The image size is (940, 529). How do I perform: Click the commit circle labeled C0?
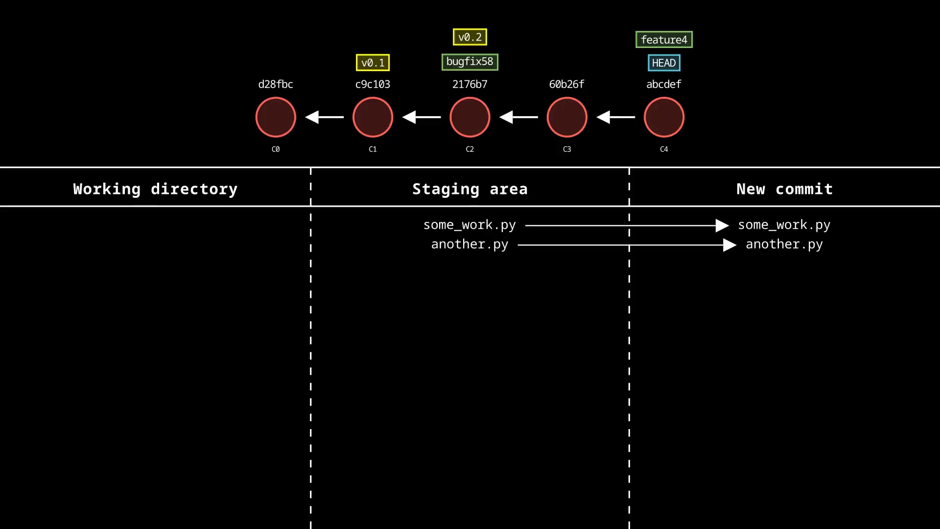click(276, 117)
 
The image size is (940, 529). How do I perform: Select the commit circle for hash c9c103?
click(373, 117)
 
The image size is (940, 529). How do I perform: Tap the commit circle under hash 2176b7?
click(470, 117)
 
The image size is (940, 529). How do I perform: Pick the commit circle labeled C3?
click(566, 117)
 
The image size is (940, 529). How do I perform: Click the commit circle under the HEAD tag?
click(663, 117)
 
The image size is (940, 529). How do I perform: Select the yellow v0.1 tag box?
click(373, 63)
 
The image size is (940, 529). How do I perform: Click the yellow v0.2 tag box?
click(470, 37)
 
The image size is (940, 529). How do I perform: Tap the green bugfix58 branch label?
click(470, 62)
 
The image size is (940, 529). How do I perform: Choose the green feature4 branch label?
click(664, 39)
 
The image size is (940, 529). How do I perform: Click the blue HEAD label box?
click(664, 63)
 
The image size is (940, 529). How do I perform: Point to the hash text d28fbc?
click(276, 84)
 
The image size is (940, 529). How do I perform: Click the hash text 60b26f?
click(566, 84)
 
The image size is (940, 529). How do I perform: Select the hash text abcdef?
click(663, 84)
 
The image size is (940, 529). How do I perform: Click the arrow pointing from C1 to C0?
click(324, 117)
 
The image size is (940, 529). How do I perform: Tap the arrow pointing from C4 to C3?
click(615, 117)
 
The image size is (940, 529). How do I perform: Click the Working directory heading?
click(155, 189)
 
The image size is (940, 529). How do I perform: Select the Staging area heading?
click(470, 189)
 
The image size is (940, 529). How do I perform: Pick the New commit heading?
click(784, 189)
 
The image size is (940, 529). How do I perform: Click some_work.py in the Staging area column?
click(470, 225)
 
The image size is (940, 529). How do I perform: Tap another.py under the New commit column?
click(784, 244)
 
